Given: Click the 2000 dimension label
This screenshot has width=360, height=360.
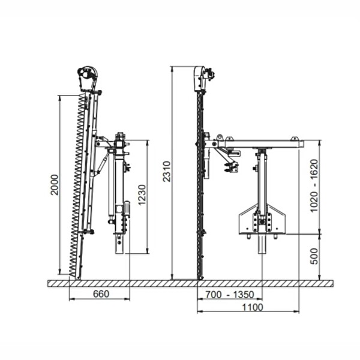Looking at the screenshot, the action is click(x=55, y=185).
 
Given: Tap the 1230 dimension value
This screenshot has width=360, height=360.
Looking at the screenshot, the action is click(x=142, y=194).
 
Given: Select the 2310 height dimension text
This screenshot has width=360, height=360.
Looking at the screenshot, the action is click(x=167, y=172).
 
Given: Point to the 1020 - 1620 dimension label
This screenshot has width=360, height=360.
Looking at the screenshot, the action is click(x=314, y=186).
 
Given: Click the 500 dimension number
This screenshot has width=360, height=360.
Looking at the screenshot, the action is click(x=314, y=256).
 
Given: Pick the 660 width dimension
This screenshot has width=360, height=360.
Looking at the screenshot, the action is click(x=101, y=294).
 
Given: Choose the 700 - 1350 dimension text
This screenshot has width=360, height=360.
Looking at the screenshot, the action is click(x=230, y=295).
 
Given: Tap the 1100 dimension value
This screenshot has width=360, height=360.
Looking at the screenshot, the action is click(x=253, y=307).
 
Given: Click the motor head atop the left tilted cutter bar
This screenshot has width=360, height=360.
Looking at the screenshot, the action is click(x=88, y=78).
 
